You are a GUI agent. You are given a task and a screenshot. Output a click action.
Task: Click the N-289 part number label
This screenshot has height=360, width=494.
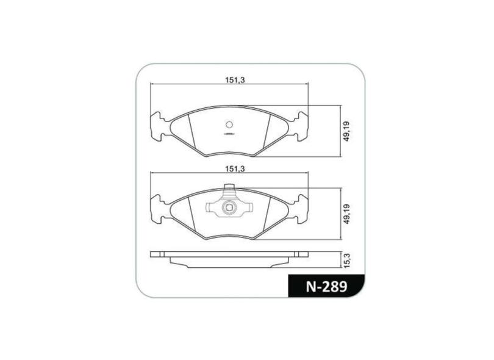point(327,287)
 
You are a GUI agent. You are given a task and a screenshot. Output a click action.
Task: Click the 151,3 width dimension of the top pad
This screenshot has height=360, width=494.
point(235,80)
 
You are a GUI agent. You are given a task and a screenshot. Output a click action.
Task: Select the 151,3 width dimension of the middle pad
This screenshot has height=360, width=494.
point(235,168)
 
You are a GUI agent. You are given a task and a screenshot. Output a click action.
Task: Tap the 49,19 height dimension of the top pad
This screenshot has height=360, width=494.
point(346,131)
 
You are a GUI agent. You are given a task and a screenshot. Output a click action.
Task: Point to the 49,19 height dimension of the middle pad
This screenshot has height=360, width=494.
point(346,214)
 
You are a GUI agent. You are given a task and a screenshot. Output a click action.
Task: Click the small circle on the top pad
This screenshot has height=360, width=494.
point(229,124)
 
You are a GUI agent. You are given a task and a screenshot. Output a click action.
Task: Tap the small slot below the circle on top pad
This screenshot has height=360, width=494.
point(229,134)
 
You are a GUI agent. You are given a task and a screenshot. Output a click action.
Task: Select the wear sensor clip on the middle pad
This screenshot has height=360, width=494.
point(229,207)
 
